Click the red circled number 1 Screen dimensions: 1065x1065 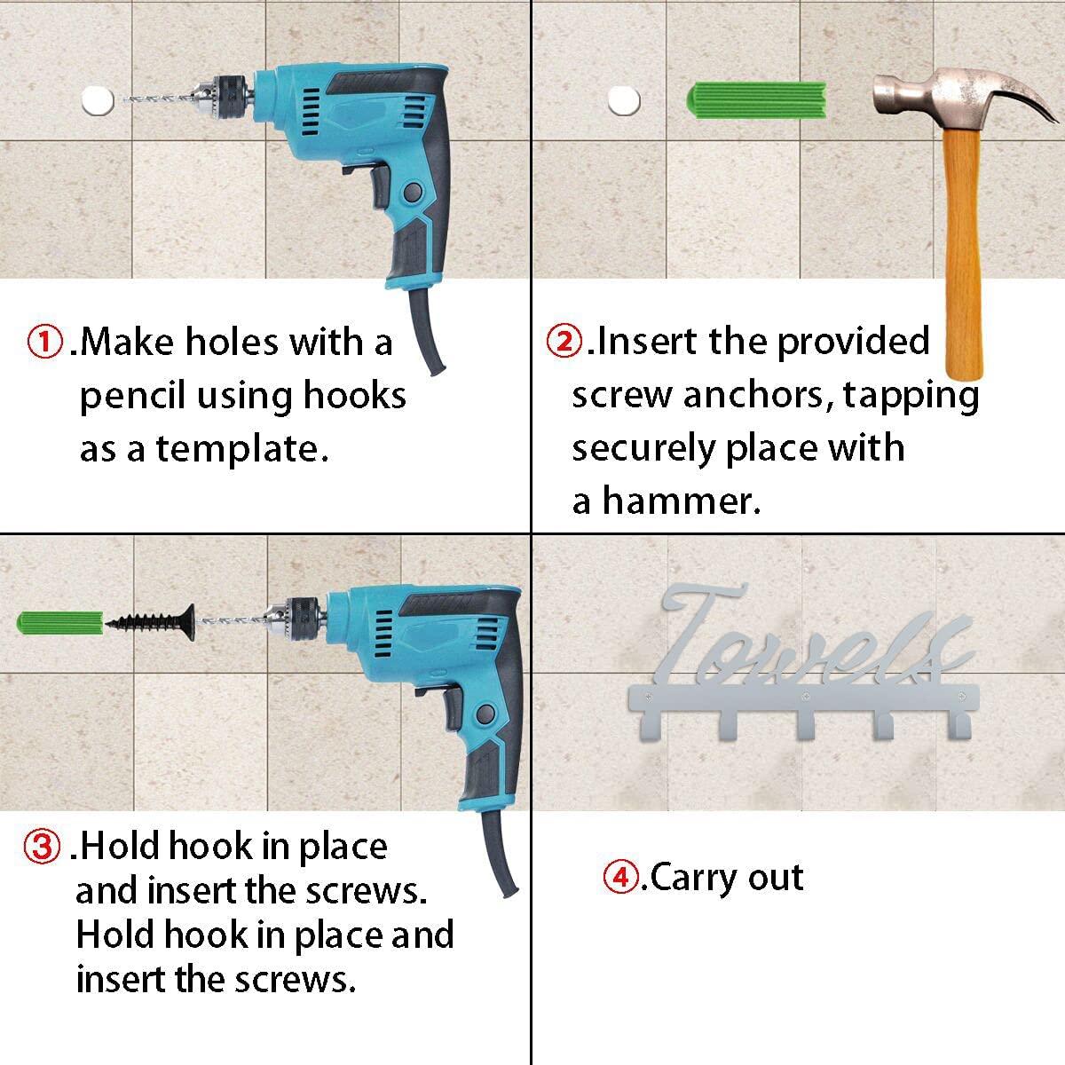point(44,342)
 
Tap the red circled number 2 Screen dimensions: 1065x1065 point(564,341)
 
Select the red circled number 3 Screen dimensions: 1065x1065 point(42,847)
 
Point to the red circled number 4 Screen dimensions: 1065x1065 point(621,877)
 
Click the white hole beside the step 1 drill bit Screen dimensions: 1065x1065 point(98,100)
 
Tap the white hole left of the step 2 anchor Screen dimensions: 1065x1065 point(624,100)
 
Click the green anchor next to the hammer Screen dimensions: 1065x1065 point(757,100)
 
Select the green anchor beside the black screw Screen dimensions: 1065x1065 point(61,623)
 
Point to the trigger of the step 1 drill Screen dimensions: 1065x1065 point(379,185)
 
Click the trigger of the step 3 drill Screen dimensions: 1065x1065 point(452,708)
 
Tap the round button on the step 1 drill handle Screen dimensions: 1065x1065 point(413,193)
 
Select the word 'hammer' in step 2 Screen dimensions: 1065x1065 point(682,501)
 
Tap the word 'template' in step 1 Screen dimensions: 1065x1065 point(242,449)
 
